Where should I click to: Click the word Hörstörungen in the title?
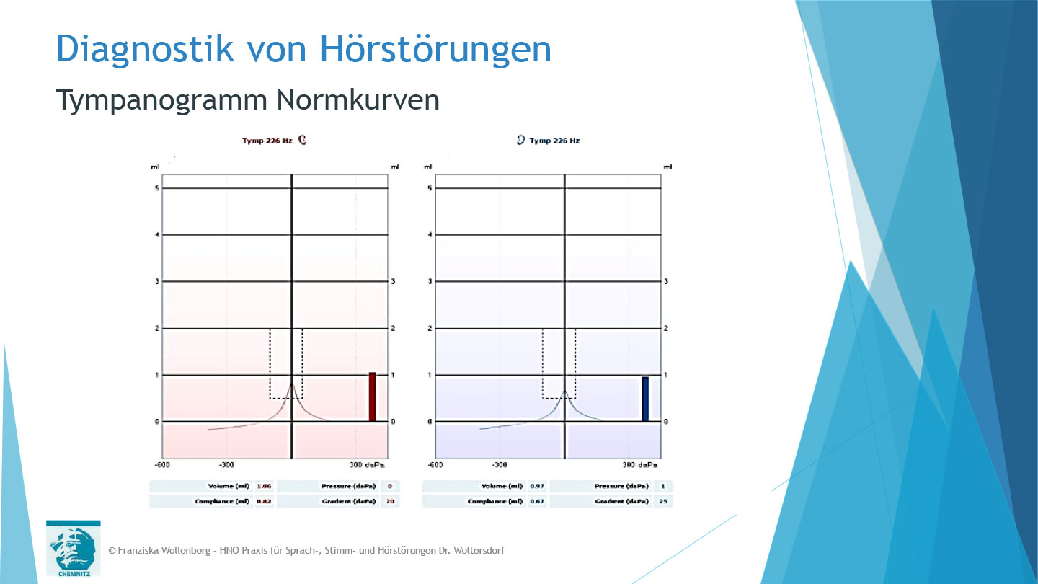tap(435, 49)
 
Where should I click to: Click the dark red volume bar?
tap(372, 397)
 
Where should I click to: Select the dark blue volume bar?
tap(645, 399)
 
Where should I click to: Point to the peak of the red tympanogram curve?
tap(292, 386)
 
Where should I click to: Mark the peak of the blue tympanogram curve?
tap(564, 392)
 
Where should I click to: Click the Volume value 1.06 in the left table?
tap(264, 486)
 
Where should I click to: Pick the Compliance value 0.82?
tap(264, 501)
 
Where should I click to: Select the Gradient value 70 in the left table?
tap(390, 501)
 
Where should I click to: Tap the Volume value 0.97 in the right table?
tap(537, 486)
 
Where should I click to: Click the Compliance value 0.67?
tap(537, 501)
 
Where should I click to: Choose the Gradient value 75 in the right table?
tap(662, 501)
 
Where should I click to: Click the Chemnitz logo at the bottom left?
tap(73, 549)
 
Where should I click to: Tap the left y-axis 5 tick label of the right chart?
tap(430, 188)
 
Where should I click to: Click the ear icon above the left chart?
tap(303, 140)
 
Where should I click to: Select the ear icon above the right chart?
tap(520, 140)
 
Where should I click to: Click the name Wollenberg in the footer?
tap(185, 550)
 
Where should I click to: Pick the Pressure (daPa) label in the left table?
tap(347, 486)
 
